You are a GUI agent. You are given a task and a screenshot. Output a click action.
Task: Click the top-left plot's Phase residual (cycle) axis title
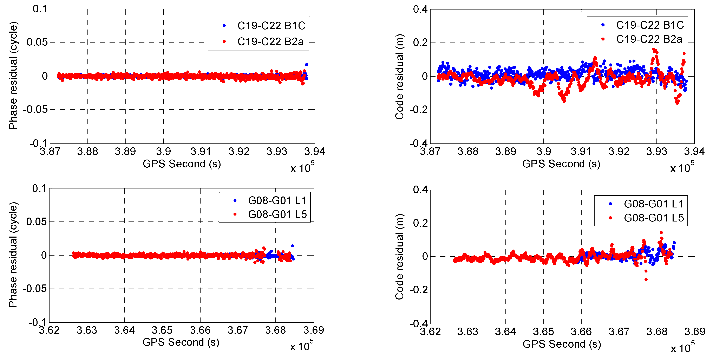tap(13, 75)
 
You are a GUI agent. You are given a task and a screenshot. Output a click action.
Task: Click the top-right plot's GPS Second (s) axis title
tap(561, 164)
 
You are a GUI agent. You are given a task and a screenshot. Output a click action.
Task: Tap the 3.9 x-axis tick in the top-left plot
tap(163, 152)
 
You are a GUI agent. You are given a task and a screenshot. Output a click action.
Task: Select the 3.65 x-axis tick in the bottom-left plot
tap(162, 330)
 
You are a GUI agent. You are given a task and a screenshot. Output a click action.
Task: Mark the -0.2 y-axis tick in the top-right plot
tap(419, 110)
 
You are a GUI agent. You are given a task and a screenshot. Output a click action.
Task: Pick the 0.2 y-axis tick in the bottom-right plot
tap(420, 223)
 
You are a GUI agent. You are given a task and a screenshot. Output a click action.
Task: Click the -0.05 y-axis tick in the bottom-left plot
tap(35, 289)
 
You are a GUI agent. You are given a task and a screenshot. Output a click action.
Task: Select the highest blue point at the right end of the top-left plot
tap(306, 65)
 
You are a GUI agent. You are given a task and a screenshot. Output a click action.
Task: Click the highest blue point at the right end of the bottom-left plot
tap(292, 246)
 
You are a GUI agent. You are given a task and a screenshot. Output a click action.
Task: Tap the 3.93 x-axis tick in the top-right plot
tap(656, 152)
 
